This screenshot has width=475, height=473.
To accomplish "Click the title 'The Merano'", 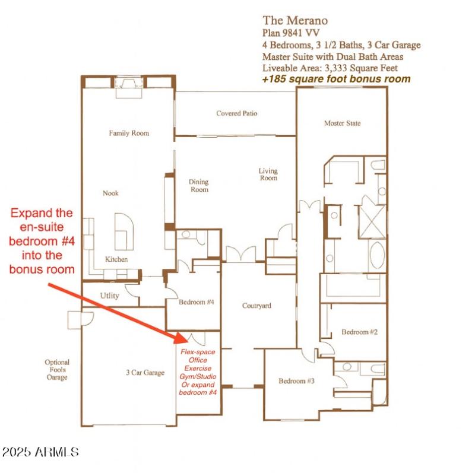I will click(294, 21).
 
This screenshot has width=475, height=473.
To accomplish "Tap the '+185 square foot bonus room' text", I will click(336, 79).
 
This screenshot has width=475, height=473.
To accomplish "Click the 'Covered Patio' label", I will click(236, 113).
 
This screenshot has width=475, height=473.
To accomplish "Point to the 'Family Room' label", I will click(129, 134).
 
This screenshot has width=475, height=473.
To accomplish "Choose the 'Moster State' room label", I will click(342, 123).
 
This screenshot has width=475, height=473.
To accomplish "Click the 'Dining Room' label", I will click(199, 186).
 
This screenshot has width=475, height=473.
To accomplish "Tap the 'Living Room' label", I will click(268, 174).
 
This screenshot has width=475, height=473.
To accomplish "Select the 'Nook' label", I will click(110, 193).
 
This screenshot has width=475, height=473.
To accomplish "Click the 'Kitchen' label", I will click(116, 259).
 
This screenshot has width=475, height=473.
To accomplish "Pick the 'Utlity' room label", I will click(110, 296).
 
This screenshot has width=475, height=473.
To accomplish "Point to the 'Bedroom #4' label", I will click(196, 303).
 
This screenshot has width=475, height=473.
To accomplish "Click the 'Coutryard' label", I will click(256, 306).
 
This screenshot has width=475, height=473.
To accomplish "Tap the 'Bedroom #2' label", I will click(359, 332).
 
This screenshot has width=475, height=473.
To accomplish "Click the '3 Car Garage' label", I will click(144, 373).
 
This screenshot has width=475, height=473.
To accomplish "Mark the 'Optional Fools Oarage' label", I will click(57, 370).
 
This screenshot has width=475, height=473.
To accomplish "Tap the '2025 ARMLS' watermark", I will click(40, 452).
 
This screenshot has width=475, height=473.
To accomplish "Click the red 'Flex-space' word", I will click(198, 352).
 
